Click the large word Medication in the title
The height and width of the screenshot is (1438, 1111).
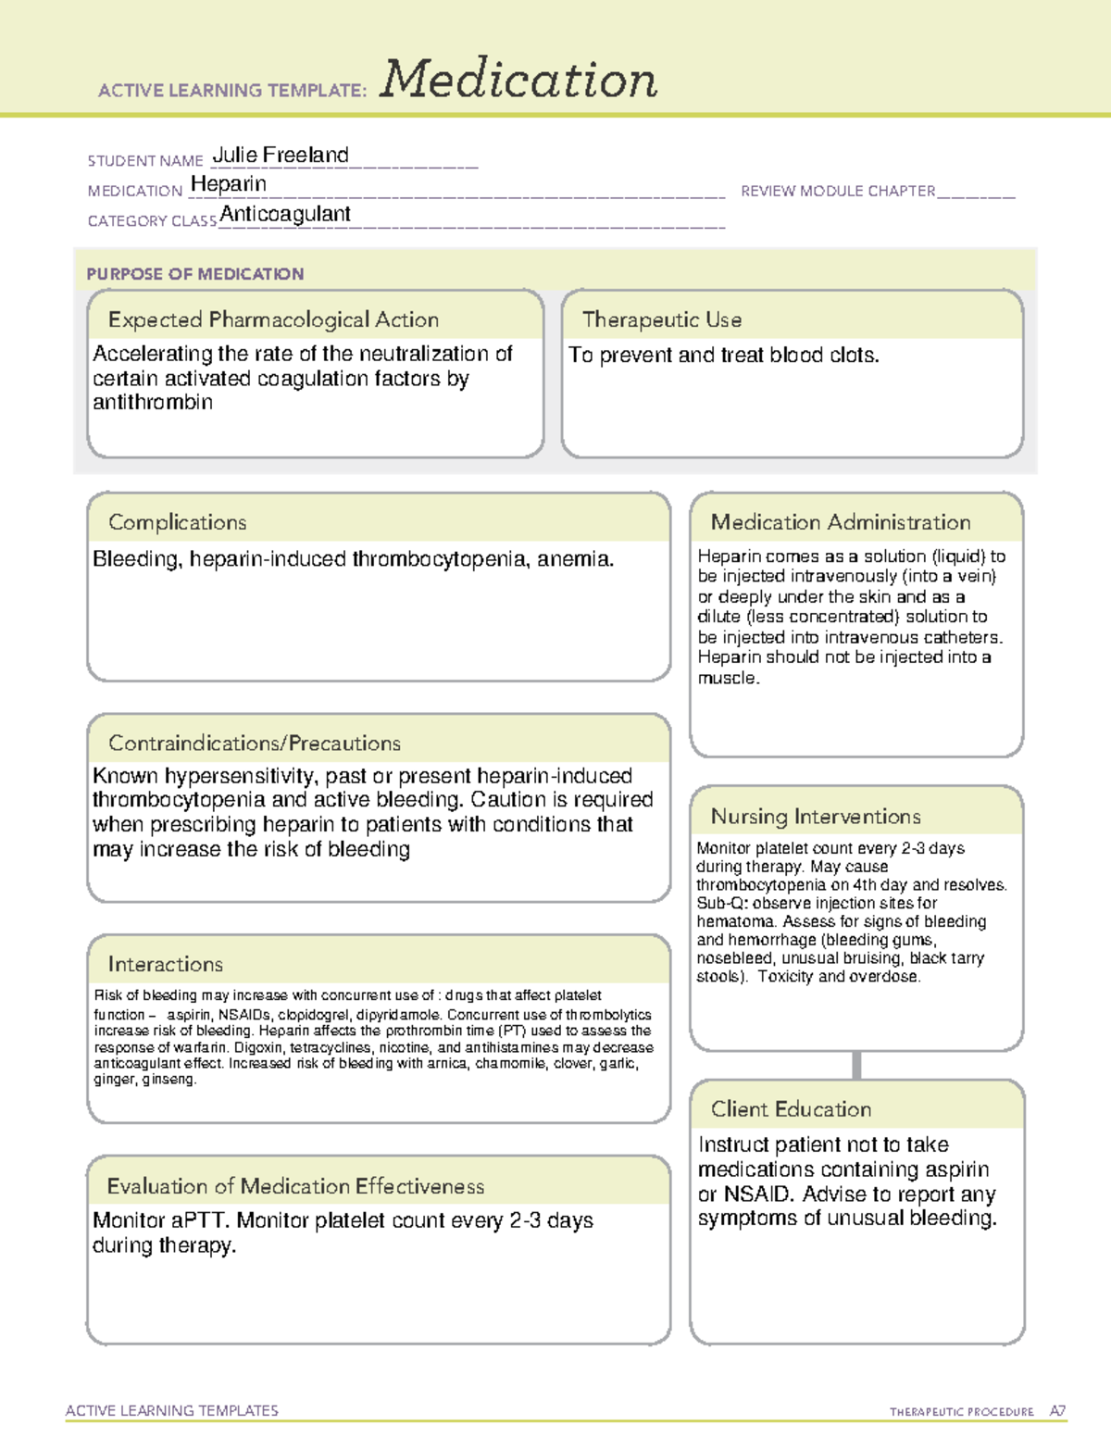coord(518,80)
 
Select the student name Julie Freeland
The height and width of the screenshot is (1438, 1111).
coord(281,155)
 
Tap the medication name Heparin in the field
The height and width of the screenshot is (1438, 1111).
coord(229,184)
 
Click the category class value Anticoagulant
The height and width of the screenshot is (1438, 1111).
coord(285,214)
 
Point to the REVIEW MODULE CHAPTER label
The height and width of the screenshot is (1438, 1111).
coord(838,191)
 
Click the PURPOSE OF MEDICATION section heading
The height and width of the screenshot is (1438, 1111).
coord(194,274)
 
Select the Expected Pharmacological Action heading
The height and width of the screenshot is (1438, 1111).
coord(273,319)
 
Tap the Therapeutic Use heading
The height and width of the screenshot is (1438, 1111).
coord(662,319)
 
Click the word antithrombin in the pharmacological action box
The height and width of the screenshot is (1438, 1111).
coord(153,403)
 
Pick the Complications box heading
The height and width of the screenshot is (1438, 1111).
coord(178,522)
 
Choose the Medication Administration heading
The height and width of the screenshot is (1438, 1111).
coord(841,522)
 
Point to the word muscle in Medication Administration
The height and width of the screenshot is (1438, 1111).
coord(728,678)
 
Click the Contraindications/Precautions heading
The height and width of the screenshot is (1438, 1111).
coord(255,743)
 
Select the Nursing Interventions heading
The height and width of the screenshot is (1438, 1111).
coord(816,816)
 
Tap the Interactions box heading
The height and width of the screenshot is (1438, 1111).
coord(166,964)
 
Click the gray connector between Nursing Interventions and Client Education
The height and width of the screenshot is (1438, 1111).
coord(856,1065)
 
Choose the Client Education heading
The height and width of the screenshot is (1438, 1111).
coord(791,1108)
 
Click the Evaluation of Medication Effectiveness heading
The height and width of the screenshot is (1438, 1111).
coord(295,1186)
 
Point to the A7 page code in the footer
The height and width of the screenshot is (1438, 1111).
coord(1057,1411)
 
